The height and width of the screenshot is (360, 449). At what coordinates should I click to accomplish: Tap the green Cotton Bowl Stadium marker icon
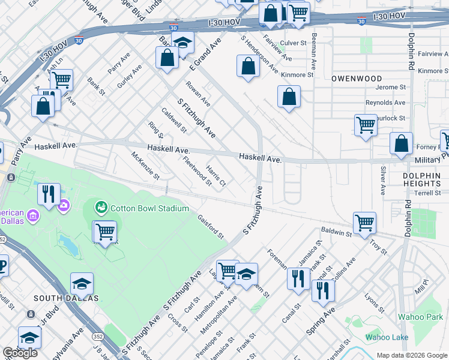click(x=101, y=208)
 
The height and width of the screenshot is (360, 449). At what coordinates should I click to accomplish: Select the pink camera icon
click(x=64, y=206)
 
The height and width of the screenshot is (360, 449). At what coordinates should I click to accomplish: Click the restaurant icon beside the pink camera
click(x=49, y=194)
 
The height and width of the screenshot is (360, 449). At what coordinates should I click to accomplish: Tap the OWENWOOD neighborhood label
click(x=357, y=79)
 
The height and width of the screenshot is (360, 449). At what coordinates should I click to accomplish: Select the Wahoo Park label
click(x=421, y=317)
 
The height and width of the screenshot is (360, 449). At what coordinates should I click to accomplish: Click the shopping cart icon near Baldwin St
click(x=364, y=223)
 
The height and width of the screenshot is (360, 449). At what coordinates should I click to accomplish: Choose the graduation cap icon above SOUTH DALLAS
click(x=82, y=284)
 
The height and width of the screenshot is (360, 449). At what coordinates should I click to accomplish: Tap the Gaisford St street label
click(x=211, y=226)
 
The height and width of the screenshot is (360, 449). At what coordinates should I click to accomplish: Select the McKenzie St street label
click(x=145, y=166)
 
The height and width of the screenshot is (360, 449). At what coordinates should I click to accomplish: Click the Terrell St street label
click(x=427, y=193)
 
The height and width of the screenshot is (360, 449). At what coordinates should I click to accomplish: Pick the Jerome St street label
click(x=391, y=88)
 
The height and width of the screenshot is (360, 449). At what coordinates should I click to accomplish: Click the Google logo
click(x=20, y=353)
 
